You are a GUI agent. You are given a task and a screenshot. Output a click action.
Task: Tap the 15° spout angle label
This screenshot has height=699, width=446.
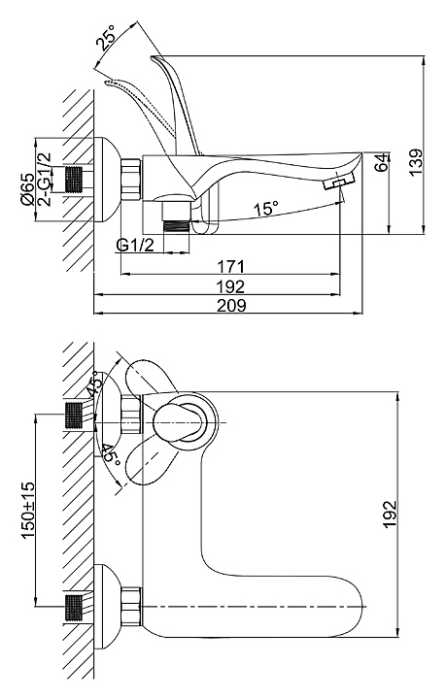266,209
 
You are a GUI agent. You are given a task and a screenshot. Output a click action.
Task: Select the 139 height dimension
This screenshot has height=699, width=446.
416,162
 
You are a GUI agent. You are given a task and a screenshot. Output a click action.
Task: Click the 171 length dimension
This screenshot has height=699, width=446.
230,267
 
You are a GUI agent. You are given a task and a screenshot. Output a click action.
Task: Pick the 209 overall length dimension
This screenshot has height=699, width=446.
230,306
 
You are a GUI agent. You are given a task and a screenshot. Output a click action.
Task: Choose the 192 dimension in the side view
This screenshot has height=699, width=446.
230,286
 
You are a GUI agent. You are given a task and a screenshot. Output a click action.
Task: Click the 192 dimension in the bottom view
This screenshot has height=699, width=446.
390,514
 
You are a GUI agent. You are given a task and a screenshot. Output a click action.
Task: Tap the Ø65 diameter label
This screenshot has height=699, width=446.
27,189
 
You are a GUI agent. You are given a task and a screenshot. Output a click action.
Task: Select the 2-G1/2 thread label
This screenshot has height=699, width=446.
45,180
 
